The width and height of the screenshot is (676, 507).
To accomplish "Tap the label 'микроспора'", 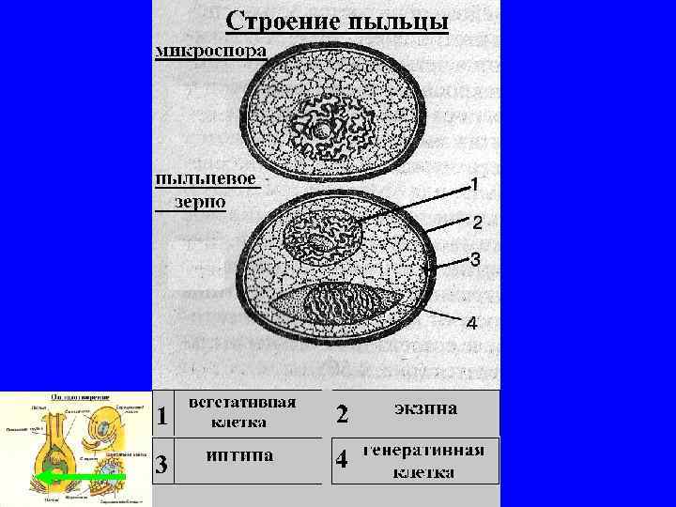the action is point(211,49).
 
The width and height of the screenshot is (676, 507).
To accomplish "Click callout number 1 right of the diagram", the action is point(474,184).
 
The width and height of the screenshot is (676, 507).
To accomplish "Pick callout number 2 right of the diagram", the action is point(476,223).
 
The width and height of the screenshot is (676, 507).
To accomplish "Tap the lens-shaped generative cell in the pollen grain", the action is point(346,304).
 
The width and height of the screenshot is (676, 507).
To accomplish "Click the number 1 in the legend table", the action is point(163,414).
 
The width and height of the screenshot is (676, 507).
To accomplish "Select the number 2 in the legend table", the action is point(343,414).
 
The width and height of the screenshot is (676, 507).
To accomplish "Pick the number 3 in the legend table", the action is point(162,464).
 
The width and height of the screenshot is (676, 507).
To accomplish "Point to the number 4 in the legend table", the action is point(343,461).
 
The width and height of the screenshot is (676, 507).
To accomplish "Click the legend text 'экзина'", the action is point(425,408).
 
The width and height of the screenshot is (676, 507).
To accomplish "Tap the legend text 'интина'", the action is point(241,455).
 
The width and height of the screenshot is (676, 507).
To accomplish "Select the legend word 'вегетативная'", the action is point(242,402).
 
